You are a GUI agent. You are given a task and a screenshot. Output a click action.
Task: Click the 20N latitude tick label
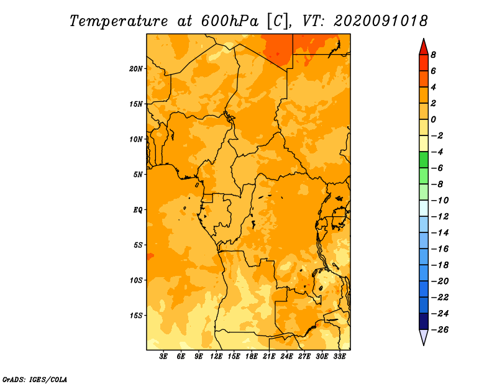pyautogui.click(x=136, y=69)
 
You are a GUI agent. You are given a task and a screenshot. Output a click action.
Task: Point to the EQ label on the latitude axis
pyautogui.click(x=138, y=210)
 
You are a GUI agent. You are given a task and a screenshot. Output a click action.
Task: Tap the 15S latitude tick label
pyautogui.click(x=136, y=316)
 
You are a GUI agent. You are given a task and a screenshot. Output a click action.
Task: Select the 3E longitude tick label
pyautogui.click(x=163, y=356)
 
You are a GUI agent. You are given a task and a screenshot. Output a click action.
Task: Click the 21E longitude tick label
pyautogui.click(x=269, y=356)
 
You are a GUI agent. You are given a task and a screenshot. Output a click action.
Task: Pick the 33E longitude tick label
pyautogui.click(x=339, y=356)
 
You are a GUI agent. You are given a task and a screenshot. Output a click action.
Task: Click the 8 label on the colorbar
pyautogui.click(x=433, y=55)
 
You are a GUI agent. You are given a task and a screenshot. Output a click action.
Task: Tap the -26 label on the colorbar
pyautogui.click(x=440, y=330)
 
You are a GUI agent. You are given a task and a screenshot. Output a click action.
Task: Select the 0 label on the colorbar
pyautogui.click(x=433, y=119)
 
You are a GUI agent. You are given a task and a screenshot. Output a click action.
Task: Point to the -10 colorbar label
pyautogui.click(x=440, y=201)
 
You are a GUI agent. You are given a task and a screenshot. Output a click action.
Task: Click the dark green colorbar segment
pyautogui.click(x=424, y=160)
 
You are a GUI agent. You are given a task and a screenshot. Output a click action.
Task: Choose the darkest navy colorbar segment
pyautogui.click(x=424, y=321)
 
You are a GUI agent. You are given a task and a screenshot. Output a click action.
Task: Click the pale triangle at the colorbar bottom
pyautogui.click(x=424, y=336)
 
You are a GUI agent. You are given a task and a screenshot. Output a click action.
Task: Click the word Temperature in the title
pyautogui.click(x=119, y=21)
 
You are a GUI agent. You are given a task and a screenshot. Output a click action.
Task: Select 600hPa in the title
pyautogui.click(x=230, y=21)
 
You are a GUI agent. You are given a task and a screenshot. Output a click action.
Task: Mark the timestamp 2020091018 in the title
pyautogui.click(x=381, y=21)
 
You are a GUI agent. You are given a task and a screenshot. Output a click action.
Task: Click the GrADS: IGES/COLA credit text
pyautogui.click(x=35, y=379)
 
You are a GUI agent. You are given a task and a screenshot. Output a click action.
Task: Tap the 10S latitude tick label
pyautogui.click(x=136, y=280)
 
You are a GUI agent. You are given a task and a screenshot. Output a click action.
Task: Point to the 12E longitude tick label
pyautogui.click(x=216, y=356)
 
